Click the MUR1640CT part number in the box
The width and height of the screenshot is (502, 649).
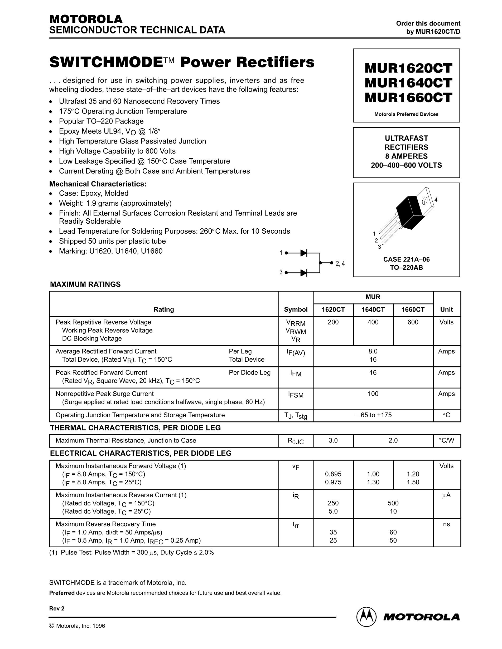(x=408, y=83)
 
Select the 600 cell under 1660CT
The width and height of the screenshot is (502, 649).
(x=413, y=322)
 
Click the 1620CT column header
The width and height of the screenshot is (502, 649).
(x=333, y=310)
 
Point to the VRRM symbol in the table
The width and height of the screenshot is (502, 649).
(x=296, y=323)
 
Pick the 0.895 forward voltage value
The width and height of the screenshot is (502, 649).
(x=333, y=474)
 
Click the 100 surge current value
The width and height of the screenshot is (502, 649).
(x=373, y=394)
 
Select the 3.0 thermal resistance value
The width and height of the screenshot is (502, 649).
(x=333, y=440)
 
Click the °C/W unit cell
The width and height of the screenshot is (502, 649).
(x=446, y=440)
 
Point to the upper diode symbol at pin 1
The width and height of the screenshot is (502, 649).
(x=304, y=253)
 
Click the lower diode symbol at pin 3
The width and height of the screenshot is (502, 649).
(x=304, y=273)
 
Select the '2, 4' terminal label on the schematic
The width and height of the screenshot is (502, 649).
(x=340, y=263)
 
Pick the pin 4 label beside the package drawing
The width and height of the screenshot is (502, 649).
(x=436, y=200)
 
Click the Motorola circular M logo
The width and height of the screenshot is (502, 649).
(x=366, y=617)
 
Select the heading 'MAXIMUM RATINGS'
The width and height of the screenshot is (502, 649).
(x=85, y=284)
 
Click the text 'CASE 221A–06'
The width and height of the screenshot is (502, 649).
(x=406, y=259)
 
